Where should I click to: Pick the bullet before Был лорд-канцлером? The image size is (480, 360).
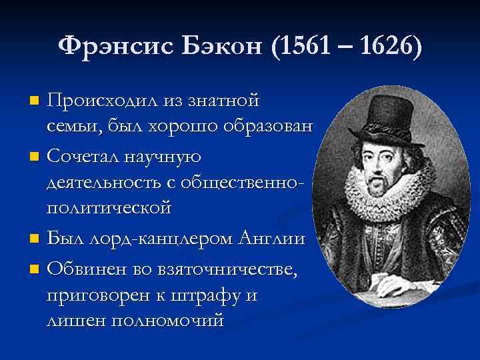pos(35,237)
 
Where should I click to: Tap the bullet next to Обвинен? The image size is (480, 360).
pos(35,269)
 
